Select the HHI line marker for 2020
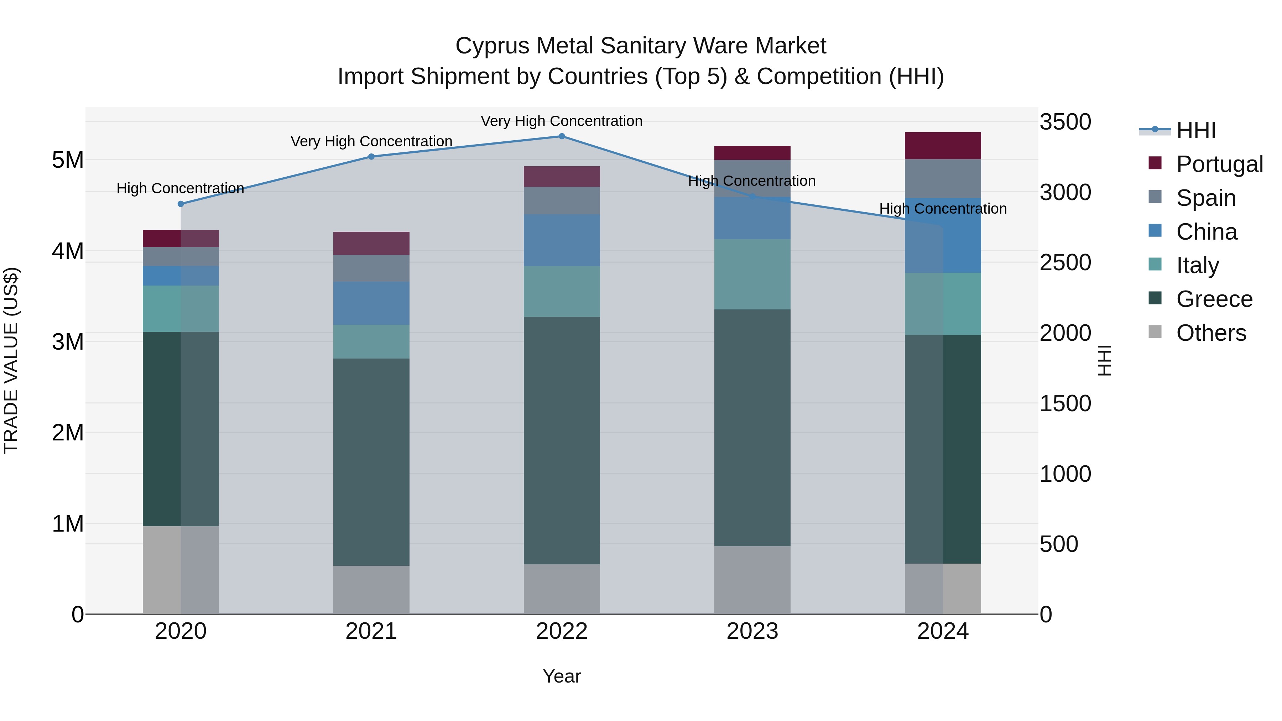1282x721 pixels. (181, 204)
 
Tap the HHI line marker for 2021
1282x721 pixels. (371, 157)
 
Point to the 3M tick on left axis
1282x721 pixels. (68, 342)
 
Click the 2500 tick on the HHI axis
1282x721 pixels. (1065, 263)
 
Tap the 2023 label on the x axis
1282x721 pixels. (752, 631)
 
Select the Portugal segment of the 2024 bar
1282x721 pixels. (943, 146)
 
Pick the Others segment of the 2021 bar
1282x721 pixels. (371, 590)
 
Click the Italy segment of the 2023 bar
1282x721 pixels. (752, 274)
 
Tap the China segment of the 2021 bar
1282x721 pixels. (371, 303)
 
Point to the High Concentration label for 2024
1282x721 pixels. (943, 209)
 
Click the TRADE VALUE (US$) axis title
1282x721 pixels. (11, 360)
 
